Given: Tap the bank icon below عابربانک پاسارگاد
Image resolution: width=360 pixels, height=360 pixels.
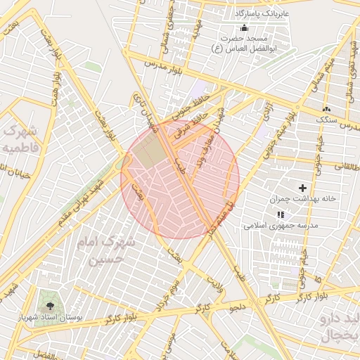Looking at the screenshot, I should coord(244,27).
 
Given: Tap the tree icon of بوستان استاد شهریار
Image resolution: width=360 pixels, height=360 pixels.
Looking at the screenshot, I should coord(50,305).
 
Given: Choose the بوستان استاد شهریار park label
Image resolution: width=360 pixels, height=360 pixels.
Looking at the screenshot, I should coord(50,319).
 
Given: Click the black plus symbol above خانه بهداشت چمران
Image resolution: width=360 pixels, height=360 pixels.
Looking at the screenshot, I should coord(303,188).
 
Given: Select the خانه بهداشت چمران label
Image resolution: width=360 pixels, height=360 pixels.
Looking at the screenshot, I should coord(305,199).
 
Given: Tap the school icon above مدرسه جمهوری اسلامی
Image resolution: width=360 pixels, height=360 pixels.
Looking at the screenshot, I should coord(281,214).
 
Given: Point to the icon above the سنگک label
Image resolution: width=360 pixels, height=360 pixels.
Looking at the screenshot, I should coord(326,110).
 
